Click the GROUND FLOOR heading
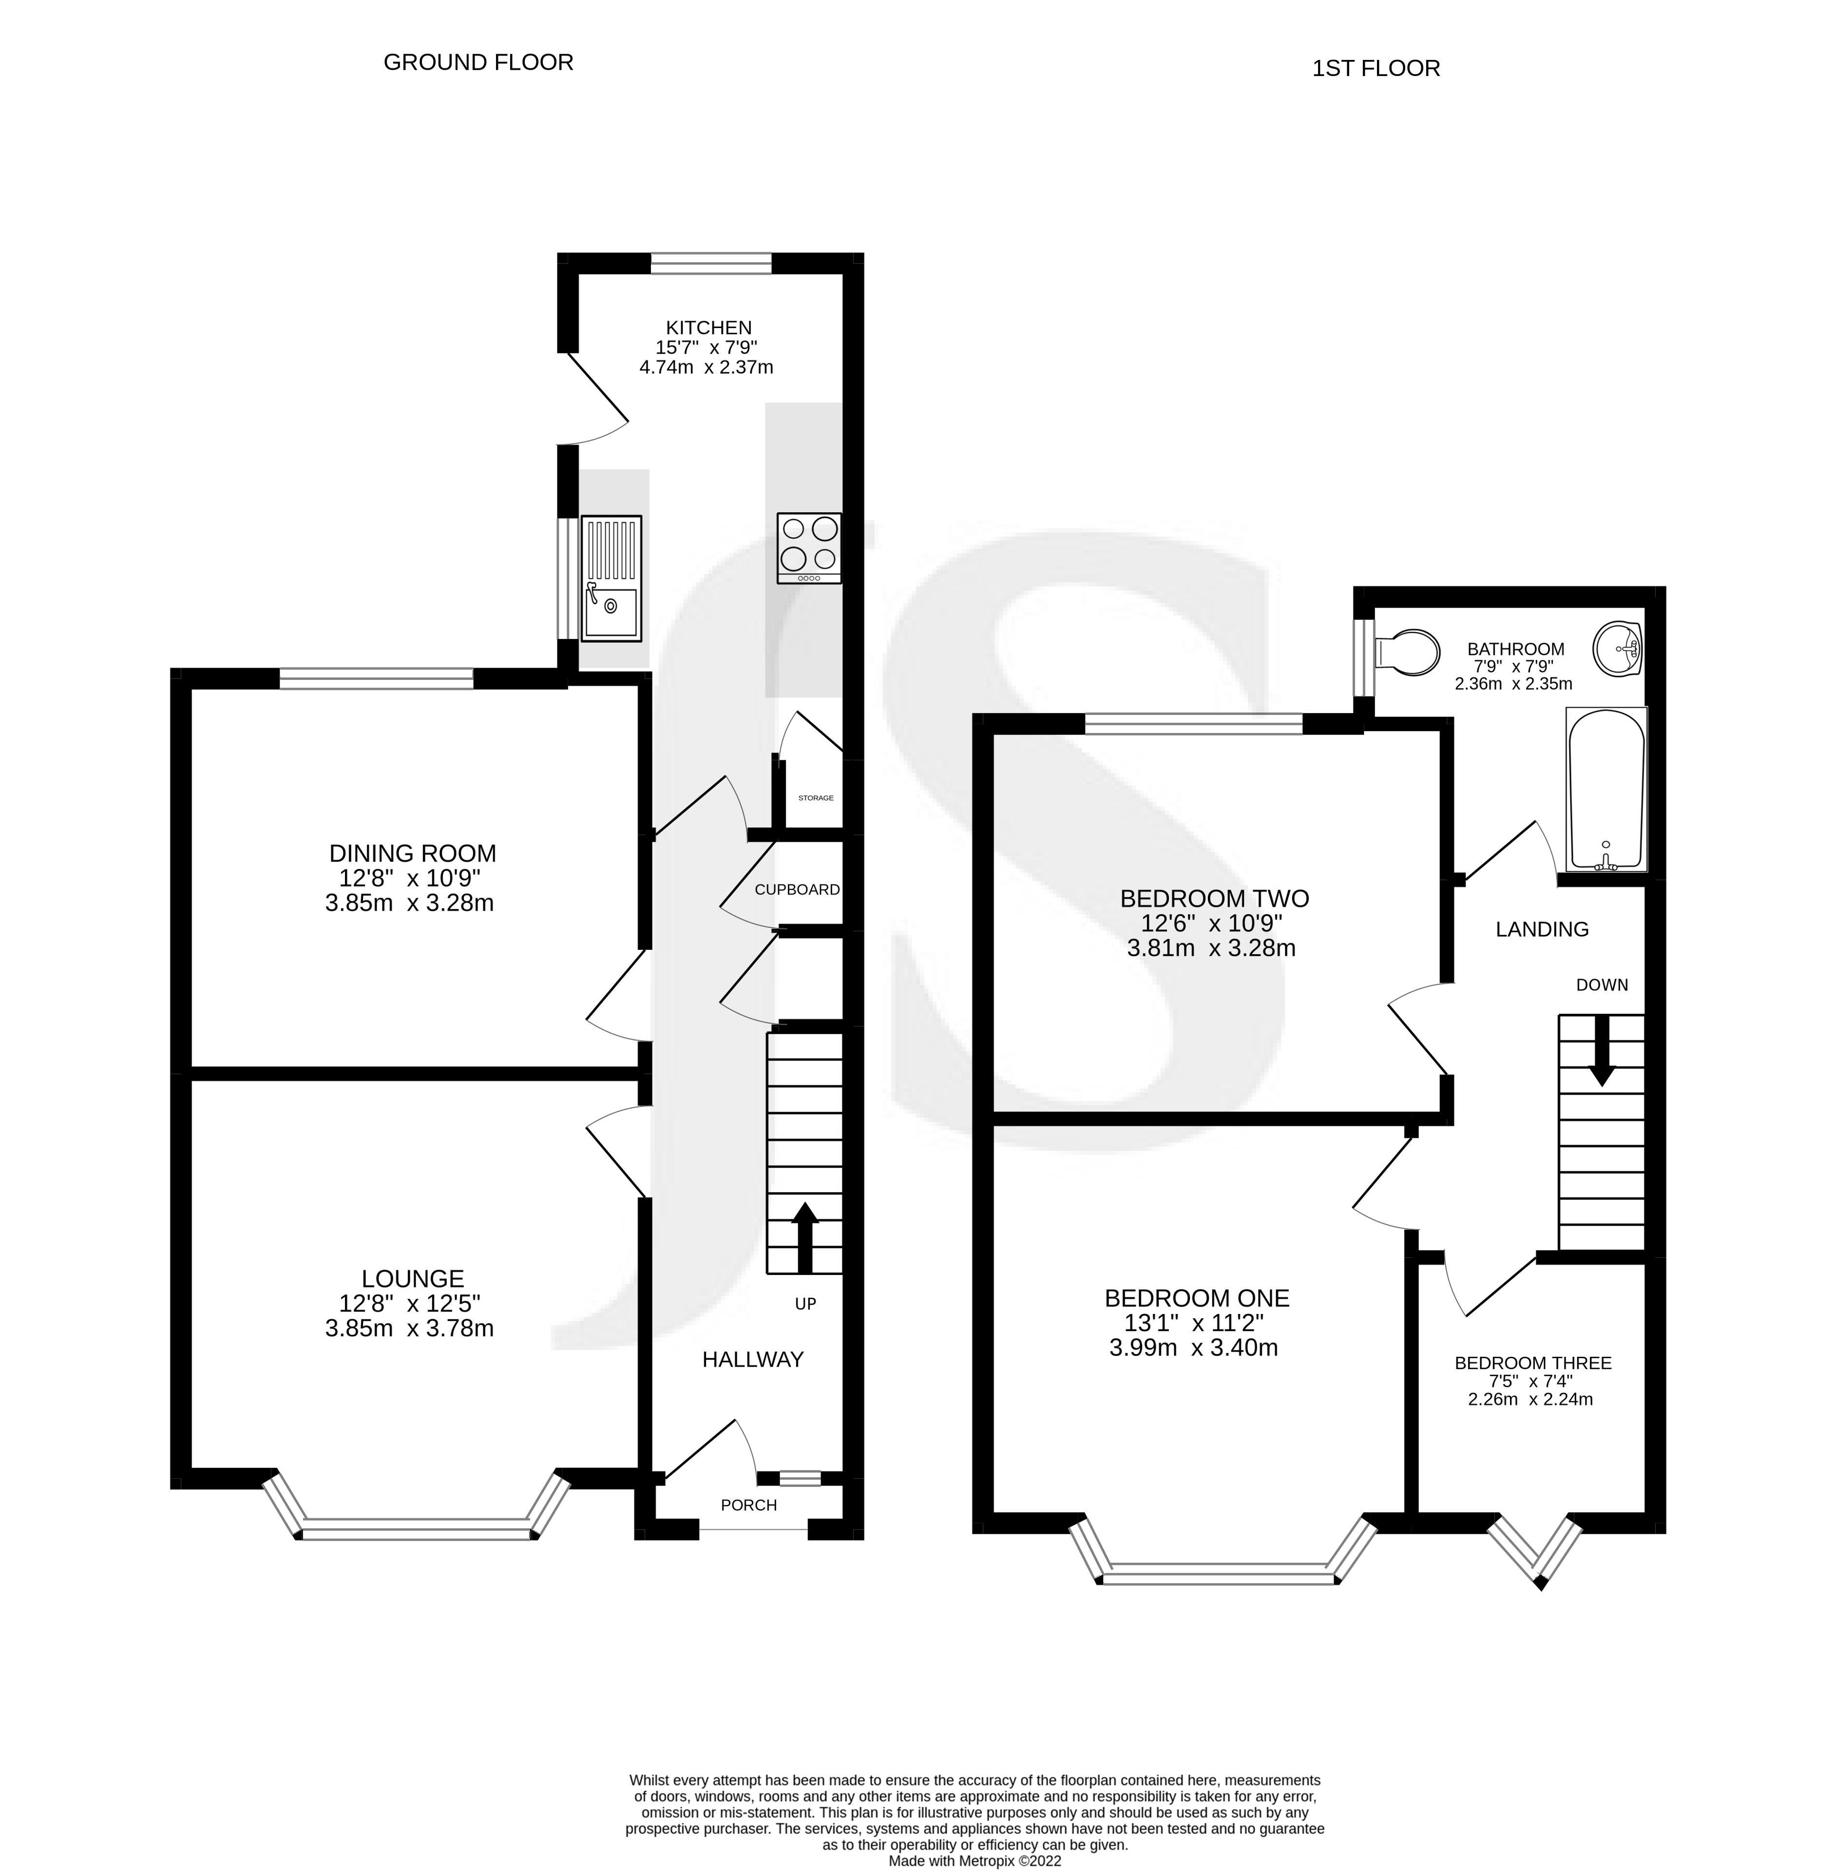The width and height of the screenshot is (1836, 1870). [x=478, y=63]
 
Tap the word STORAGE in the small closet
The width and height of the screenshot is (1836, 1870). [x=816, y=798]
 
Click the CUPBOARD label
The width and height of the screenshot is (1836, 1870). [x=797, y=889]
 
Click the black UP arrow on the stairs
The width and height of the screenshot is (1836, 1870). [x=804, y=1237]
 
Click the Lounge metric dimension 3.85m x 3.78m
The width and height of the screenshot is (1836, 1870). [x=410, y=1329]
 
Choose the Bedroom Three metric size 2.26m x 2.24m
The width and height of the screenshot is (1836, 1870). [x=1530, y=1398]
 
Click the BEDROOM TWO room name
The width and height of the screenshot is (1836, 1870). [x=1214, y=899]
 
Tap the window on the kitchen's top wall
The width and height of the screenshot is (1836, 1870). [x=711, y=263]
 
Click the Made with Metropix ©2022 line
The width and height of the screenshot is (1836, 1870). [x=975, y=1861]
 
